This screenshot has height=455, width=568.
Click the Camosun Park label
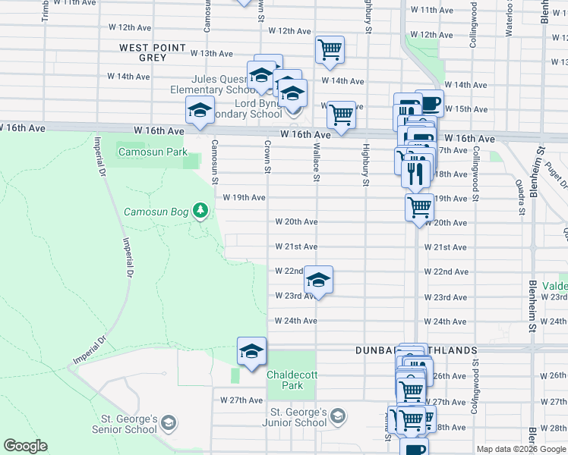(x=152, y=152)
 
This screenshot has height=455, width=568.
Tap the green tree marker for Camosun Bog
(x=200, y=209)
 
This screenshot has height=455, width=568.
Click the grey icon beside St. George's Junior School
(x=338, y=416)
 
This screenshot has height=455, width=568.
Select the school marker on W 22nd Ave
(x=319, y=281)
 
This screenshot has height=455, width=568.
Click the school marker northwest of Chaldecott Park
(x=251, y=351)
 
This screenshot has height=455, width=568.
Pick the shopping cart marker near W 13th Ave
(x=330, y=49)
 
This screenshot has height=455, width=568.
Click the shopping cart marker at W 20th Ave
(x=418, y=206)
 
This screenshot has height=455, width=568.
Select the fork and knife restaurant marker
(x=415, y=173)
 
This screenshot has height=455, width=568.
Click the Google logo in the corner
(x=25, y=446)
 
